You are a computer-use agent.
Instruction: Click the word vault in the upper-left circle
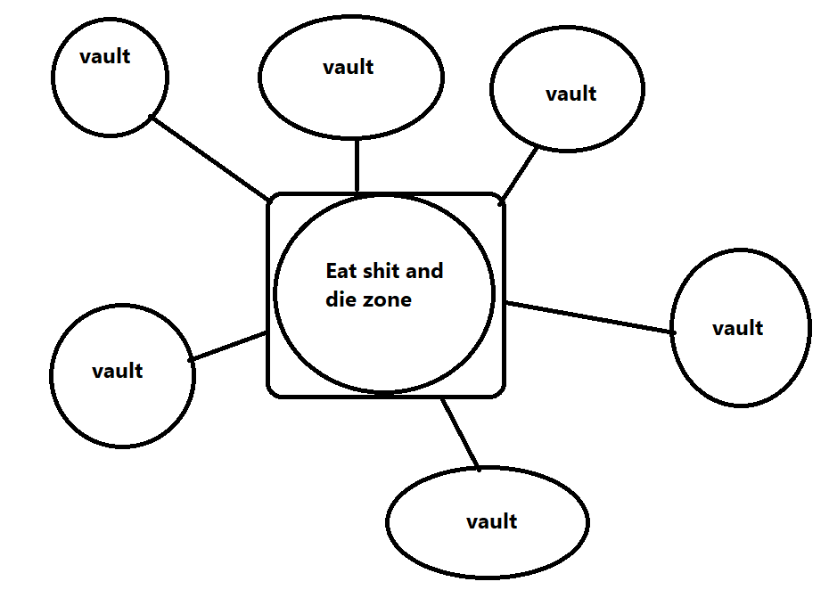(105, 56)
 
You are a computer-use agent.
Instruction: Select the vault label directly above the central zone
(349, 67)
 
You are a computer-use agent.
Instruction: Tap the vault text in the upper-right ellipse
(570, 94)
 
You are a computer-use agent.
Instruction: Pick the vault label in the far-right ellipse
(738, 328)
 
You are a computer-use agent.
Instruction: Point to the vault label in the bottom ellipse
(491, 521)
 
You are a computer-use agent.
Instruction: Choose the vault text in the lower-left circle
(118, 371)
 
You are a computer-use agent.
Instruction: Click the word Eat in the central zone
(341, 271)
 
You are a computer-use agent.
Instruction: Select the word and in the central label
(424, 271)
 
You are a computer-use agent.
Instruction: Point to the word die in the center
(340, 299)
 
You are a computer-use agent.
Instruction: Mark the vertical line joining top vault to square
(357, 166)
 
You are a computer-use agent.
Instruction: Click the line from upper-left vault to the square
(210, 158)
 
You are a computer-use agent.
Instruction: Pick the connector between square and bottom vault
(461, 434)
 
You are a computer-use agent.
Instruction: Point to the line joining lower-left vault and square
(229, 347)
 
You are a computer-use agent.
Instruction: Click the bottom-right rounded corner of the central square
(500, 391)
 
